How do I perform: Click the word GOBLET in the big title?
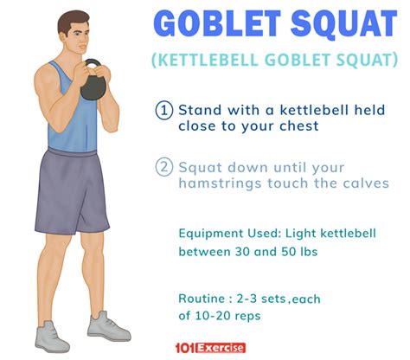coord(217,24)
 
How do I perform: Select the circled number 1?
coord(164,110)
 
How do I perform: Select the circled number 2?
coord(164,167)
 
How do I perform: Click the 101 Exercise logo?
coord(210,348)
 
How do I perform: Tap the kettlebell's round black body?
coord(93,88)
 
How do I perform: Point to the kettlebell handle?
coord(93,63)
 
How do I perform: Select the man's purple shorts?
coord(72,191)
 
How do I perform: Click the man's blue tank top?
coord(73,114)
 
